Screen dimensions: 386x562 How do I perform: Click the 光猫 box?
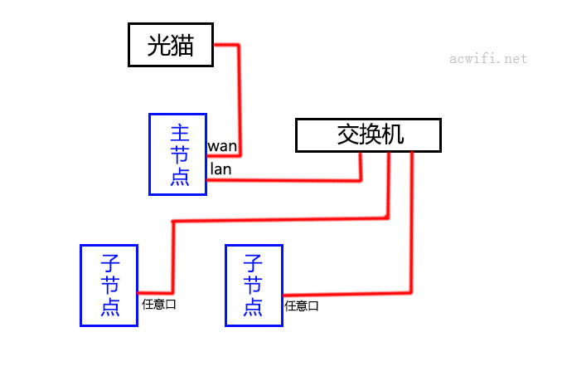point(170,45)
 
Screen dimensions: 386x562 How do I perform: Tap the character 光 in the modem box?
point(157,45)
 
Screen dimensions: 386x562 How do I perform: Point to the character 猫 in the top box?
point(183,45)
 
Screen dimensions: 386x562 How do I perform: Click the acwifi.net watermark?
point(487,59)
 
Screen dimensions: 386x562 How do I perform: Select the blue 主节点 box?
point(177,154)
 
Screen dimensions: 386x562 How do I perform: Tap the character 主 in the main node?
point(178,133)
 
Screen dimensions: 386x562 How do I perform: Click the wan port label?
point(222,147)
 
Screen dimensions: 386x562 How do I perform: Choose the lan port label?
point(220,169)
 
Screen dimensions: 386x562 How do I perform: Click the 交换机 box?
point(368,135)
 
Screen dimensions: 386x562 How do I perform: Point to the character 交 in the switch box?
point(348,135)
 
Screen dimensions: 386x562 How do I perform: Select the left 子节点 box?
point(109,285)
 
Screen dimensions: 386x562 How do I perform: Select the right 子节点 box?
point(254,285)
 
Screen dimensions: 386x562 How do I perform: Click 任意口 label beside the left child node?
point(159,304)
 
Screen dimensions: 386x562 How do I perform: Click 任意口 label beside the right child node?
point(302,305)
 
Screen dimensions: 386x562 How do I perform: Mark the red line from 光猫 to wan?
point(238,91)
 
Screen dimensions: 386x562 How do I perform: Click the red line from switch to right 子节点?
point(410,232)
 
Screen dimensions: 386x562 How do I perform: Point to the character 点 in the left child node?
point(109,307)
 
